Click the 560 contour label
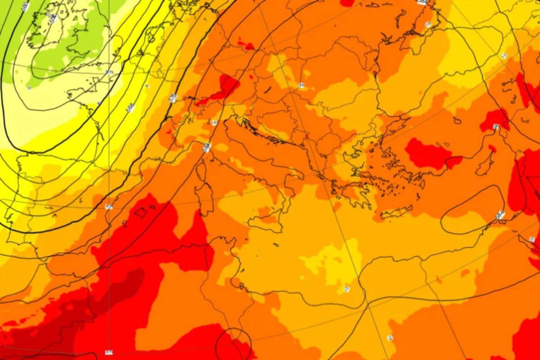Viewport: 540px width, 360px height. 24,6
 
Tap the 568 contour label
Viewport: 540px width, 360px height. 130,107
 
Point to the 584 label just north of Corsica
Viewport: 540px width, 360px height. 206,147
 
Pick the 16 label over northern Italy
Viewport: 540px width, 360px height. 214,123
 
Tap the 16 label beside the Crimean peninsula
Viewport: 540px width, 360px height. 428,24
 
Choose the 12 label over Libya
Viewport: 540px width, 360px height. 347,289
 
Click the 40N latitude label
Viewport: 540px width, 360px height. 108,207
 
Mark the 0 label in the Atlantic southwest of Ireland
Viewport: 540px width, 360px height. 30,88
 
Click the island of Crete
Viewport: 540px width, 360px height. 396,212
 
